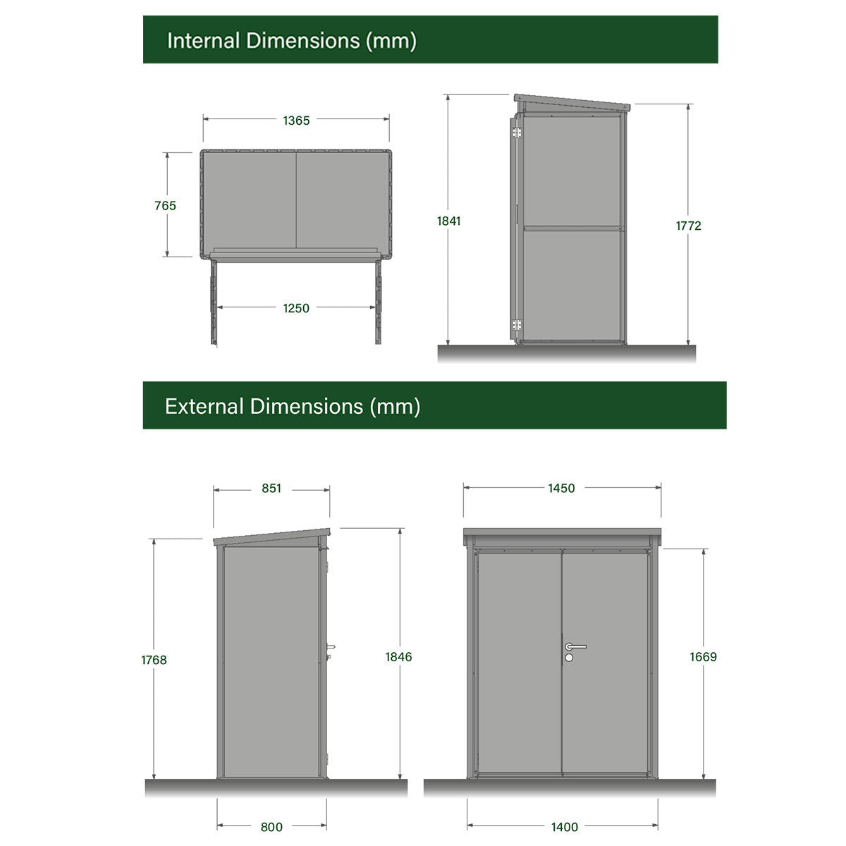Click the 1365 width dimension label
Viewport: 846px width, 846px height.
(x=296, y=121)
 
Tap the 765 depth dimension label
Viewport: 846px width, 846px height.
(x=165, y=205)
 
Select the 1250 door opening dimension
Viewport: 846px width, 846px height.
(x=296, y=308)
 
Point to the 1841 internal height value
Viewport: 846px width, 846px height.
(x=448, y=221)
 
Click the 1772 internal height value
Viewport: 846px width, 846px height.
(x=688, y=226)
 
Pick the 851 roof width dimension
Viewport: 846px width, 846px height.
(x=271, y=488)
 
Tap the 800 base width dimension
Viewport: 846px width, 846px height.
(x=271, y=827)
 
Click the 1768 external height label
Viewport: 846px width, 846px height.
(x=154, y=660)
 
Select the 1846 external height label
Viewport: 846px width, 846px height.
(x=398, y=657)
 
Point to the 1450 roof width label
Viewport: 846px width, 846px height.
(x=561, y=488)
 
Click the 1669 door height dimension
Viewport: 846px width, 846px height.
(x=704, y=657)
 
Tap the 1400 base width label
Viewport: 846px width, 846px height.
(x=565, y=827)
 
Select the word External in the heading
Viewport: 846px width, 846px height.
(x=204, y=407)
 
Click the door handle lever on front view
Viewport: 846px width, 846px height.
(x=576, y=646)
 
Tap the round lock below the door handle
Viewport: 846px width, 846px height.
(x=569, y=657)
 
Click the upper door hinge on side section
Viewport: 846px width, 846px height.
(x=517, y=133)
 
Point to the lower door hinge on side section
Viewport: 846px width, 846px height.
(x=517, y=325)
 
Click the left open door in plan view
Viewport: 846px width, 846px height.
(x=214, y=302)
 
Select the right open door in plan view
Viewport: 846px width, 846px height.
(x=378, y=302)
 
